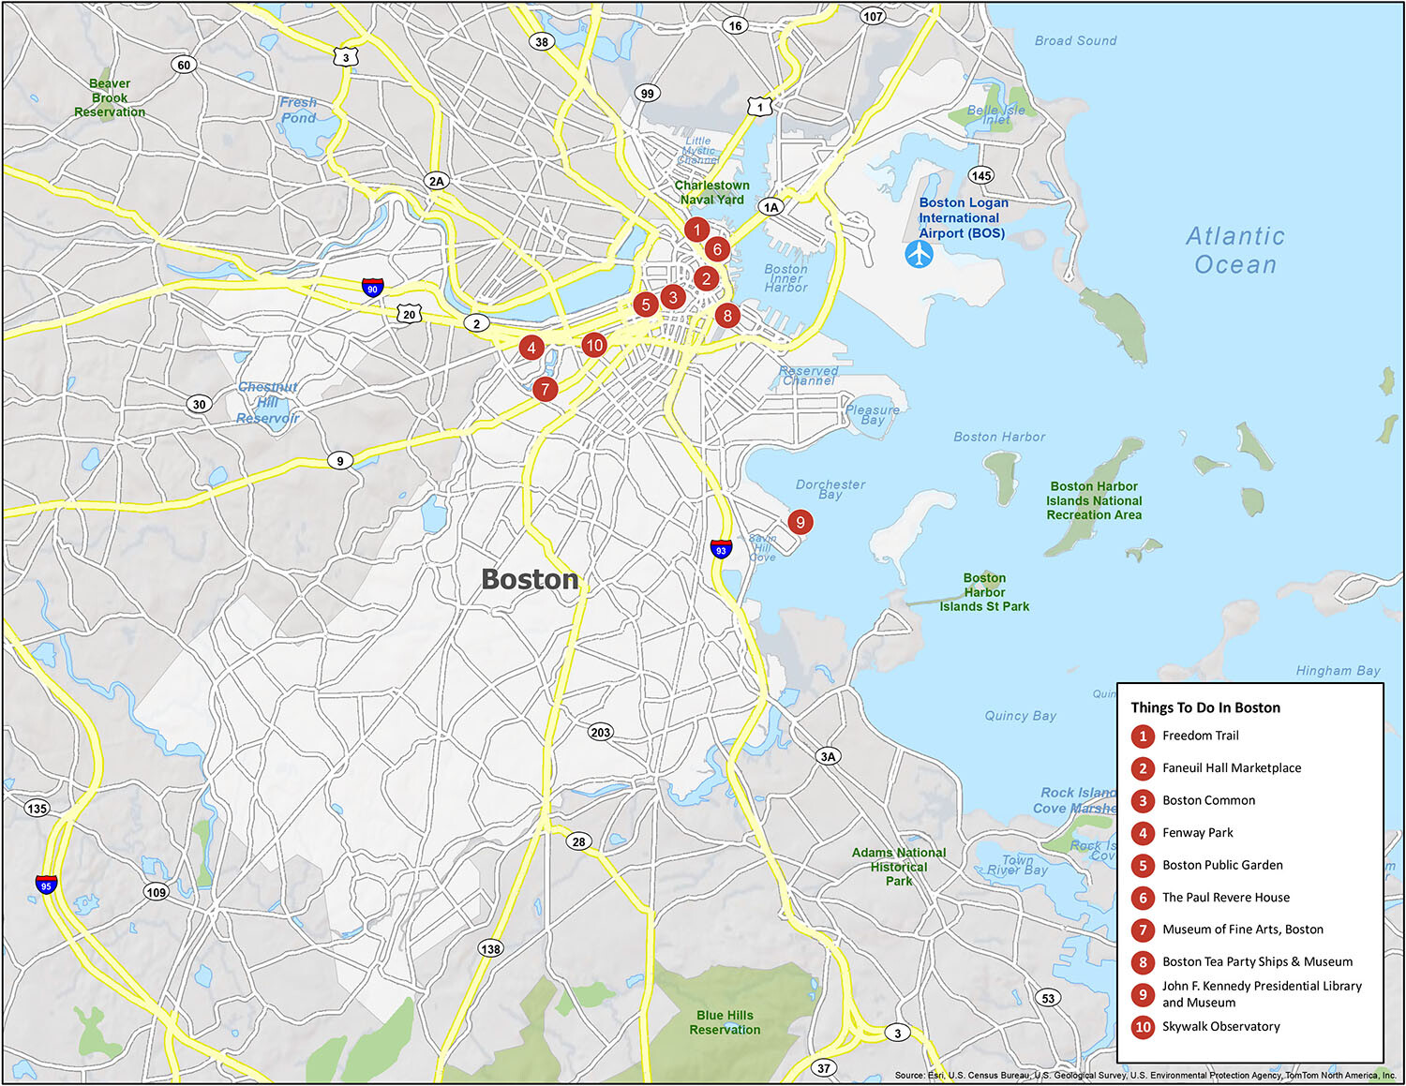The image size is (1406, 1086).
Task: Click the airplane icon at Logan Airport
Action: (x=920, y=254)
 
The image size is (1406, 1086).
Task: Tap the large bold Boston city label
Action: (x=530, y=580)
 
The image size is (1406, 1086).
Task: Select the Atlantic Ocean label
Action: (x=1235, y=250)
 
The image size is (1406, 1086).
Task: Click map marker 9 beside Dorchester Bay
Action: (x=800, y=523)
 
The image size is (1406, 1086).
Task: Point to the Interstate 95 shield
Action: (x=46, y=884)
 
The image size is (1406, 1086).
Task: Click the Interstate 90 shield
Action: (x=373, y=288)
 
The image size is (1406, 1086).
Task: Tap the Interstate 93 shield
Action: (x=721, y=548)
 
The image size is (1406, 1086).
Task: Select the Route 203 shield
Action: (x=601, y=732)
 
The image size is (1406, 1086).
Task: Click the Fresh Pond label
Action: (x=298, y=110)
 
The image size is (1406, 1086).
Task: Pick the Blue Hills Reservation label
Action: (x=725, y=1022)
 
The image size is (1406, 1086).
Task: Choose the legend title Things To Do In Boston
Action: (x=1204, y=707)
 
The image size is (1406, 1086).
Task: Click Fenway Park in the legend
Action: (x=1197, y=833)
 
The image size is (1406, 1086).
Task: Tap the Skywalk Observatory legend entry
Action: (x=1220, y=1027)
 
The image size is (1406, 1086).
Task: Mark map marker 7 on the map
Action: (x=545, y=389)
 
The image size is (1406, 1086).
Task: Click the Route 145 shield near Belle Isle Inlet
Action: (x=981, y=175)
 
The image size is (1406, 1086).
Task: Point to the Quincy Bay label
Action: (x=1020, y=716)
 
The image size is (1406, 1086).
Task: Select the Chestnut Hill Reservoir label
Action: (x=268, y=403)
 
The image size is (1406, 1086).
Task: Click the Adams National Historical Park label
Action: (x=898, y=867)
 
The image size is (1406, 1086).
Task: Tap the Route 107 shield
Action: (x=873, y=16)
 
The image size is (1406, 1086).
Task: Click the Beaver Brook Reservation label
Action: (x=110, y=97)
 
